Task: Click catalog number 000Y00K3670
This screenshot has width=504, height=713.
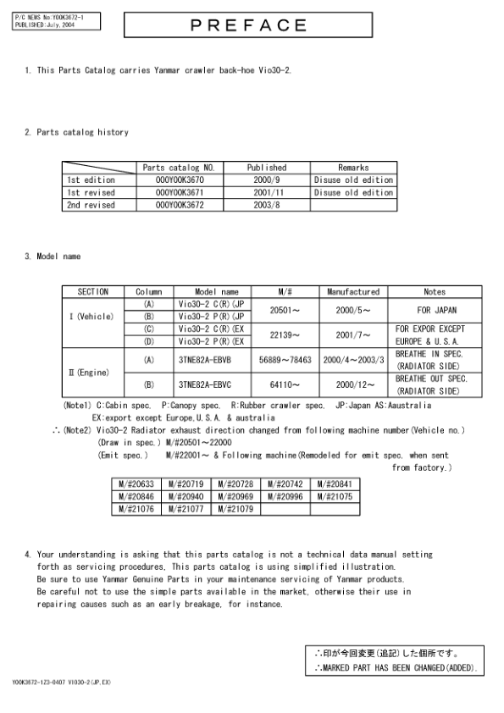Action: pyautogui.click(x=174, y=180)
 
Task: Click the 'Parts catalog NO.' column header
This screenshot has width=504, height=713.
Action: pyautogui.click(x=174, y=168)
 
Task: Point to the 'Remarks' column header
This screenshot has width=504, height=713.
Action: pyautogui.click(x=352, y=168)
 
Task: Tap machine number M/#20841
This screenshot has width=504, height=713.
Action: pyautogui.click(x=335, y=484)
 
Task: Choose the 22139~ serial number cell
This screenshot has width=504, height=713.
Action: pyautogui.click(x=285, y=334)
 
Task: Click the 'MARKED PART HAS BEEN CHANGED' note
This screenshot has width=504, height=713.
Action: pyautogui.click(x=395, y=669)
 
